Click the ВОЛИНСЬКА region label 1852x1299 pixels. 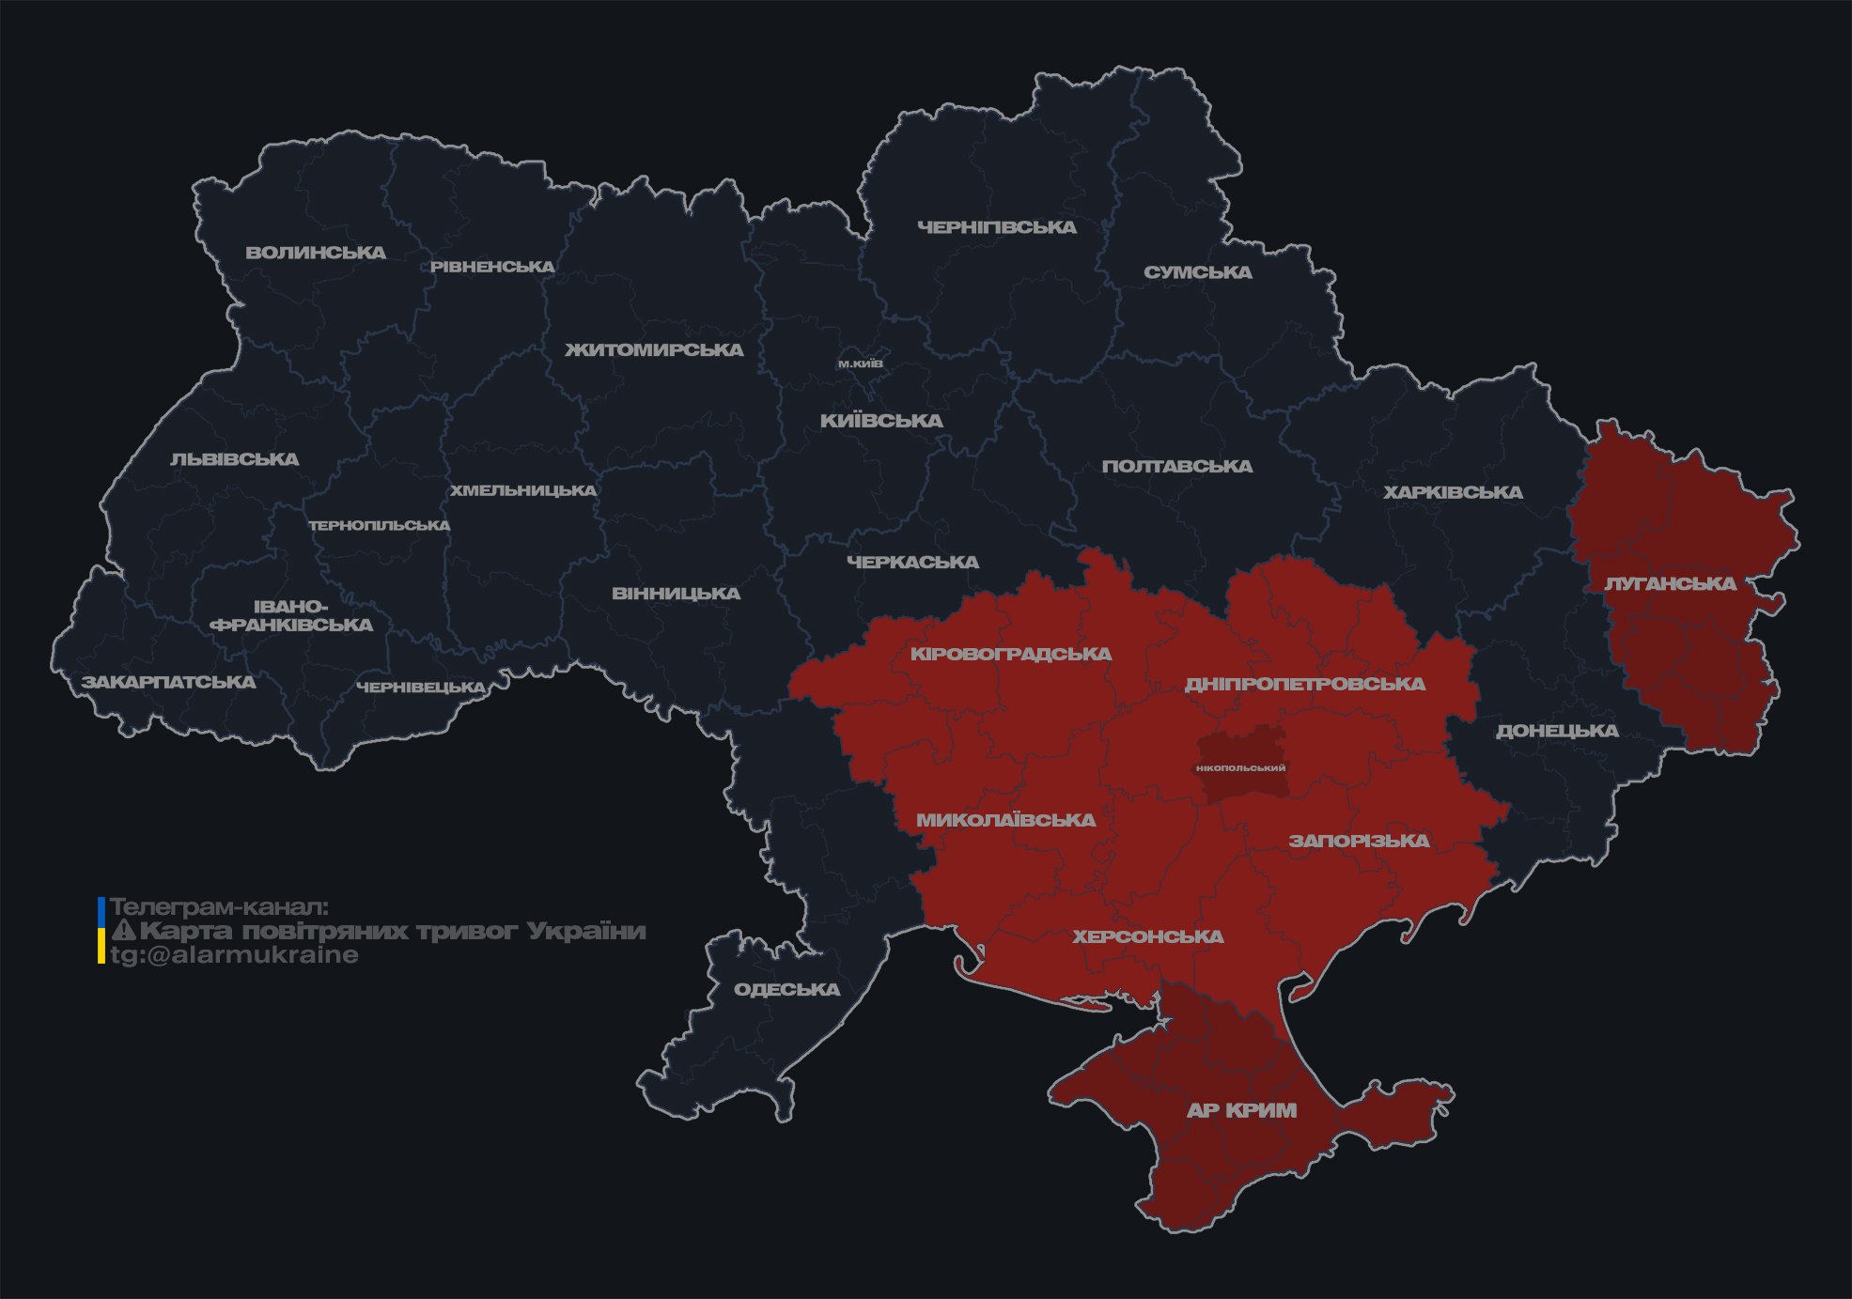(x=316, y=253)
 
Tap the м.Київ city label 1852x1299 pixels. (x=860, y=363)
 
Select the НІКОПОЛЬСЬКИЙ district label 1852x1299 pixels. (x=1240, y=768)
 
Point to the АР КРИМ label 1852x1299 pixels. (x=1241, y=1110)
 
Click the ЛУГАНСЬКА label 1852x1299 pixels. (x=1670, y=583)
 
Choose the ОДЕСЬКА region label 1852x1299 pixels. (x=786, y=989)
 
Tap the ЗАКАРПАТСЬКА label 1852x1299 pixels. (x=168, y=682)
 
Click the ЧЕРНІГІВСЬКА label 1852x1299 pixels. (x=996, y=227)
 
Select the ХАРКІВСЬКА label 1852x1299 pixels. (x=1452, y=492)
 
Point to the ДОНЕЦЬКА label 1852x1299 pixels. (x=1556, y=731)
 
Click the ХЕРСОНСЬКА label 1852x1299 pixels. (x=1147, y=936)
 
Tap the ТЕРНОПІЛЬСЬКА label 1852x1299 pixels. (x=380, y=526)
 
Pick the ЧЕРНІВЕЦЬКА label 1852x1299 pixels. (x=420, y=688)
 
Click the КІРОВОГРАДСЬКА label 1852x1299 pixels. (x=1010, y=654)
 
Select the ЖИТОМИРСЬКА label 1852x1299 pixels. (x=654, y=350)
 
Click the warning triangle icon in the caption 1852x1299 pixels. (x=123, y=931)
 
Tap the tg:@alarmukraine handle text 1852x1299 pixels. (x=234, y=955)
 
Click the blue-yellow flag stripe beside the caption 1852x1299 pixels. (x=101, y=931)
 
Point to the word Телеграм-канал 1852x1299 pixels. (x=219, y=907)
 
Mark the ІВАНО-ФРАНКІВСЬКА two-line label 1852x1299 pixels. (x=291, y=616)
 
